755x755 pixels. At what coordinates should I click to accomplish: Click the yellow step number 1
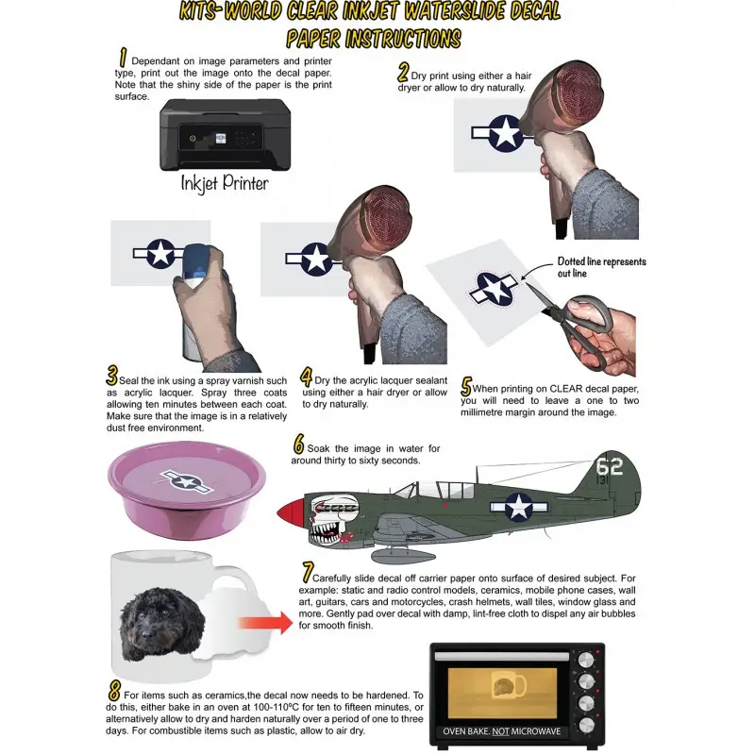(x=123, y=58)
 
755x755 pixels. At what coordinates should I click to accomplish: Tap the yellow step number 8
(x=114, y=692)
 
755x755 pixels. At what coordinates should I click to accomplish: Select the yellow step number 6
(x=298, y=444)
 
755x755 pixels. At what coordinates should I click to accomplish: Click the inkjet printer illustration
(x=225, y=134)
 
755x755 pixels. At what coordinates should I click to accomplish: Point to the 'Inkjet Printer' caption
(x=225, y=183)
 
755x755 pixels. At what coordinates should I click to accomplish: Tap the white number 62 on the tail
(x=609, y=466)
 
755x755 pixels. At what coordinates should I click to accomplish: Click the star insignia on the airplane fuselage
(x=518, y=507)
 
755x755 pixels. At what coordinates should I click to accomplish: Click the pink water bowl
(x=186, y=490)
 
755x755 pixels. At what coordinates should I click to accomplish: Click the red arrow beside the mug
(x=265, y=623)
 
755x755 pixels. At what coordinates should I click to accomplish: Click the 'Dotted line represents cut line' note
(x=601, y=267)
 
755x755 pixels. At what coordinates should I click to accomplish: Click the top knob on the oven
(x=585, y=660)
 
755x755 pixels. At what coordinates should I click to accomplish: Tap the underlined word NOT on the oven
(x=501, y=731)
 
